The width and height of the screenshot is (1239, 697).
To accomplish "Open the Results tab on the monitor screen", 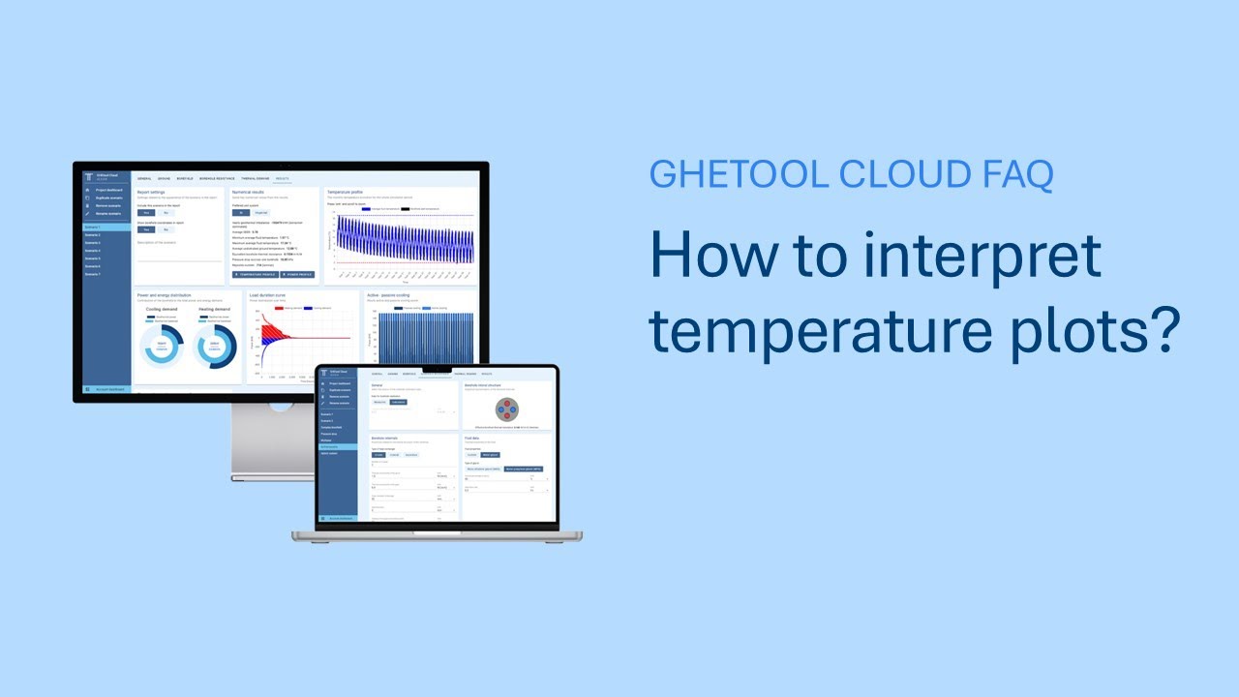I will point(282,179).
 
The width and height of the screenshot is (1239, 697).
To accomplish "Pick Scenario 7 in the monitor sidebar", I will point(92,274).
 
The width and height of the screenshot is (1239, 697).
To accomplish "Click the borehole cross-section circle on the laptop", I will point(505,406).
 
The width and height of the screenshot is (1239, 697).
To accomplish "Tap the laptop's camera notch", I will point(438,368).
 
